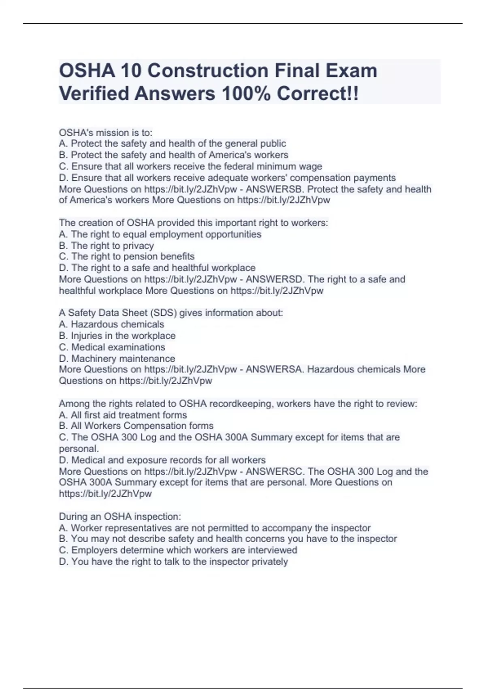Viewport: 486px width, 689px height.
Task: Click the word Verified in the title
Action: (94, 94)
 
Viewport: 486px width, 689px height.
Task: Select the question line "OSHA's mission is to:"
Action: (106, 133)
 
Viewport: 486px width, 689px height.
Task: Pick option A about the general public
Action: (172, 143)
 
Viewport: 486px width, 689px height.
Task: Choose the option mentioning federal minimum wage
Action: (190, 166)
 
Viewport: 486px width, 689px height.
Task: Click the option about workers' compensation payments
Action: (227, 178)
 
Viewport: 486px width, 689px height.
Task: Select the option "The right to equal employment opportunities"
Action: (160, 234)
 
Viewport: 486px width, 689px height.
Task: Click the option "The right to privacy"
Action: (106, 246)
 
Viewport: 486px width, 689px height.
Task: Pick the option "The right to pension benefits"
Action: (127, 257)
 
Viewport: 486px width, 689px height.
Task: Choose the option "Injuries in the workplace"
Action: (117, 336)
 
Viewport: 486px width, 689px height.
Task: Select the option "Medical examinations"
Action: (112, 347)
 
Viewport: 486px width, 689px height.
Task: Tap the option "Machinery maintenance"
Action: (117, 359)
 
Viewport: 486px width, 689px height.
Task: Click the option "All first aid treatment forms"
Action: (123, 415)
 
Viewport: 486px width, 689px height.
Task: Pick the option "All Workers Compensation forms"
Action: (136, 426)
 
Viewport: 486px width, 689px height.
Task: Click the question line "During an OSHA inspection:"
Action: (120, 517)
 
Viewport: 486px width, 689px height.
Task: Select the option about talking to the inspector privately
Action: (173, 562)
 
